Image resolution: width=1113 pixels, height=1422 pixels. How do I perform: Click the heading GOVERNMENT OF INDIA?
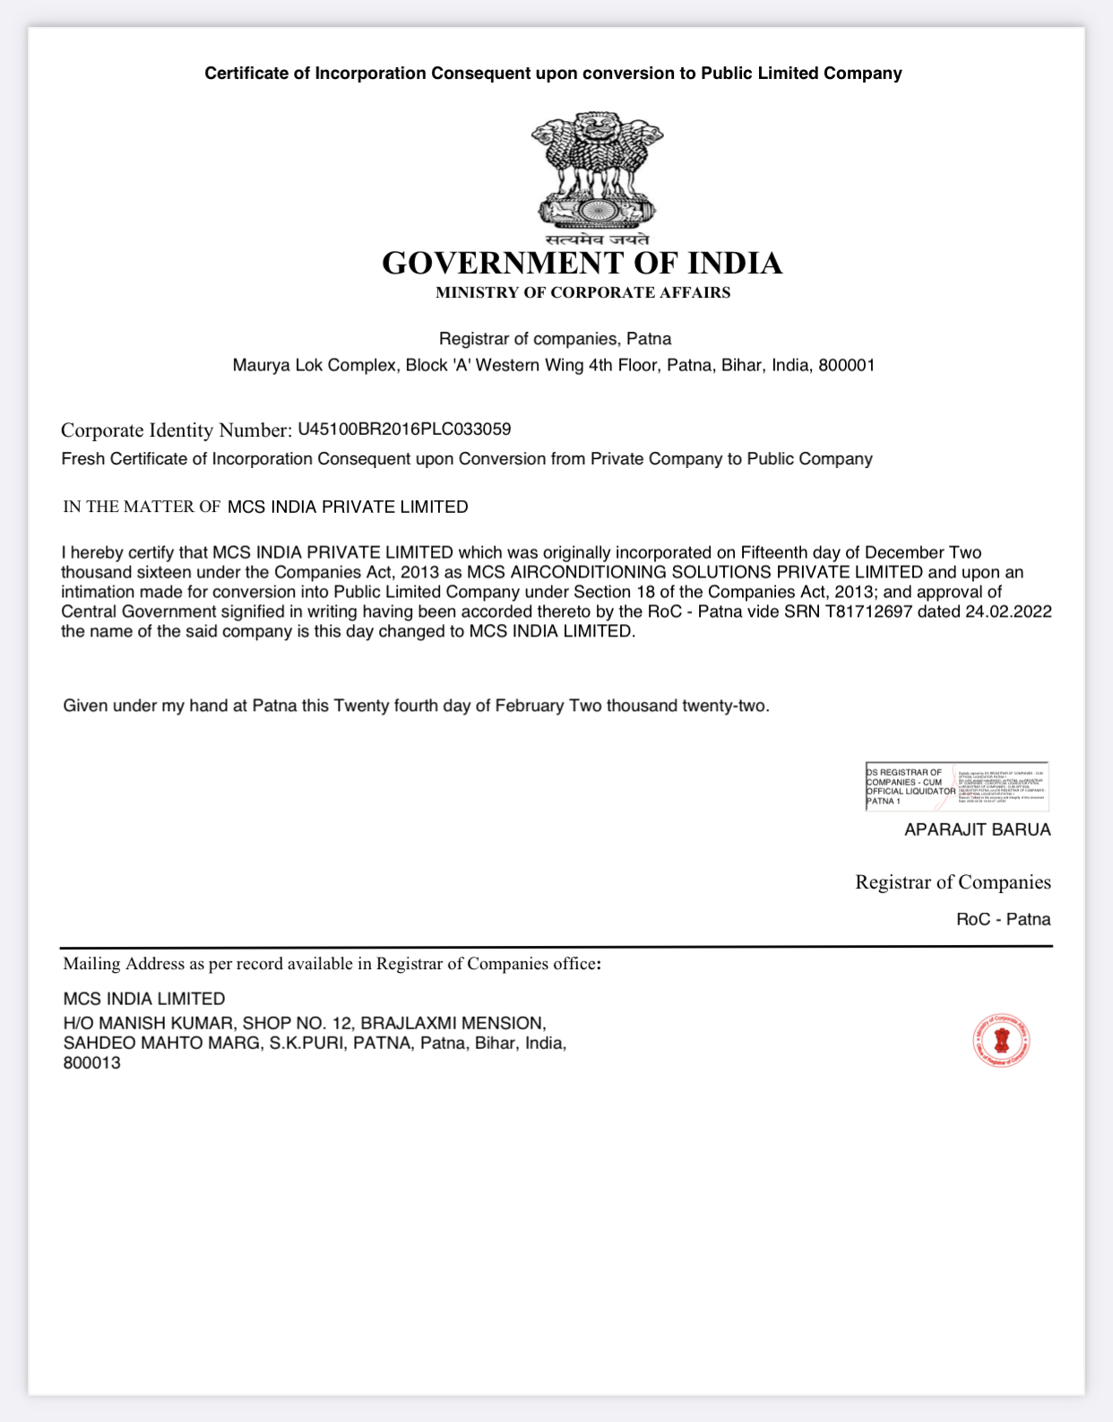[582, 264]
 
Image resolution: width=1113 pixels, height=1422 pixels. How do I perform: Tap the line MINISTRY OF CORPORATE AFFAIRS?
[582, 292]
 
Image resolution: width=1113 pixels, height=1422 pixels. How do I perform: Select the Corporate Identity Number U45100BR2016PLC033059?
[404, 429]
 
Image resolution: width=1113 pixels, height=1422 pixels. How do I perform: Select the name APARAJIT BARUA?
[977, 829]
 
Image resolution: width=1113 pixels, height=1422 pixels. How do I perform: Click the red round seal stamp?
[1001, 1042]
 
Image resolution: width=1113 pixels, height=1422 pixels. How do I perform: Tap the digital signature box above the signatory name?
[956, 786]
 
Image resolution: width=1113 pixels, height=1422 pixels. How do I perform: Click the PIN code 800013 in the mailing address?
[91, 1063]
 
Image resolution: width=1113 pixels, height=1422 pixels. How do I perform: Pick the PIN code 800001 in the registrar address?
[846, 365]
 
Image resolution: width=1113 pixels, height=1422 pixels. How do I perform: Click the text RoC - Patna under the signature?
[1003, 919]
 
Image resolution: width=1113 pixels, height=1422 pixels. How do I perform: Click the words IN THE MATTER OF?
[142, 507]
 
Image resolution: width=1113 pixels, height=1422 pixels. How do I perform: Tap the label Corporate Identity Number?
[177, 430]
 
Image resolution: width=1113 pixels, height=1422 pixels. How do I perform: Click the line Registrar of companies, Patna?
[555, 339]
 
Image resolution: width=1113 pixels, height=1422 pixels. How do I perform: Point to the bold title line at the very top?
[553, 74]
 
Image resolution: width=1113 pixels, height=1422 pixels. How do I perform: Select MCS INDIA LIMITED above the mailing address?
[144, 999]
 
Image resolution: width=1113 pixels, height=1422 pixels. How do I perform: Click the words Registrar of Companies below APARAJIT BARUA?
[953, 882]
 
